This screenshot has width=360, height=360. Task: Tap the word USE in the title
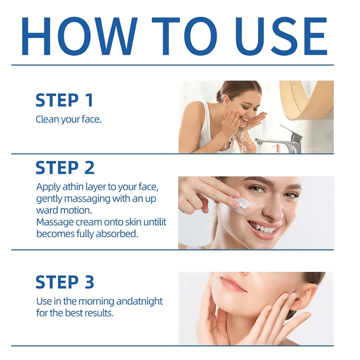(281, 36)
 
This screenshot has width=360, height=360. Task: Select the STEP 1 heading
(64, 100)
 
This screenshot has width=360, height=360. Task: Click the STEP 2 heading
(65, 168)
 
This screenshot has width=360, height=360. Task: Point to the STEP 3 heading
(65, 282)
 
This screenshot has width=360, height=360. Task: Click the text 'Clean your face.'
(69, 120)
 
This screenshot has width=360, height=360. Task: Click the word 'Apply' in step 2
(48, 187)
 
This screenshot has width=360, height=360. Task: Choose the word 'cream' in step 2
(90, 222)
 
